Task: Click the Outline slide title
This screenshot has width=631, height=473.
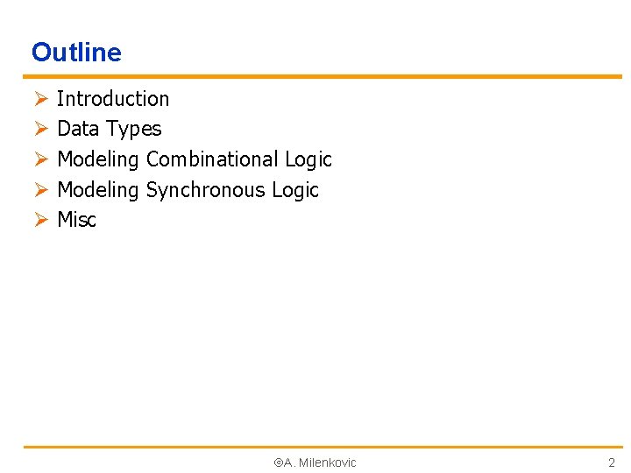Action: pos(76,53)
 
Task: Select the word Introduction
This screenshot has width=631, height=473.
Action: pos(113,99)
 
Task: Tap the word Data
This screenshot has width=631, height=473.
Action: pos(78,129)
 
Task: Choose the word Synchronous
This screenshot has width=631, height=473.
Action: pos(205,190)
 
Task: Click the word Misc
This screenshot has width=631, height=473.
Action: pos(76,220)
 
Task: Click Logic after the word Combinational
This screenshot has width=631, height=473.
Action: pos(308,159)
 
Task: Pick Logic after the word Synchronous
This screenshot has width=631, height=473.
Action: pos(295,190)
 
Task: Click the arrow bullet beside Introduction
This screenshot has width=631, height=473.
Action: pos(39,99)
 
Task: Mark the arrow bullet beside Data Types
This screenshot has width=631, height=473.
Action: pos(39,130)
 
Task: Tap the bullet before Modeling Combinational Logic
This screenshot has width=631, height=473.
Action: pos(39,159)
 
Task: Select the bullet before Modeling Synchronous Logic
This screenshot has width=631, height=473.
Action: pos(39,190)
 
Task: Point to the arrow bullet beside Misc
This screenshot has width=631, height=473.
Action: pos(39,220)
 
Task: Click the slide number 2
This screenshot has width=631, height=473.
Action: pos(612,462)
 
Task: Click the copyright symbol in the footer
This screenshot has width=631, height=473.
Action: pos(278,462)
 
